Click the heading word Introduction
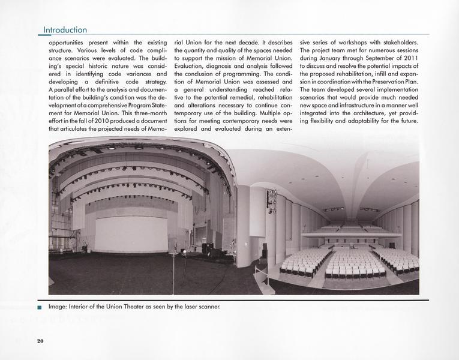coord(65,30)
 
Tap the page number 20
coord(40,341)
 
